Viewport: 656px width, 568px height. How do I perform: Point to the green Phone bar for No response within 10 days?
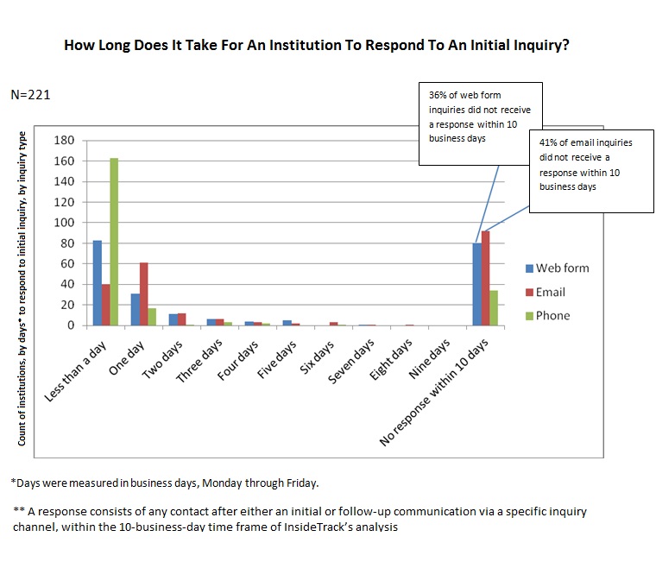point(495,308)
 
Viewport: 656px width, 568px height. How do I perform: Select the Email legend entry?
point(552,292)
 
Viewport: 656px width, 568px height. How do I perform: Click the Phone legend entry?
point(552,315)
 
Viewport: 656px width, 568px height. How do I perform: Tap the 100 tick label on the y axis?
point(66,223)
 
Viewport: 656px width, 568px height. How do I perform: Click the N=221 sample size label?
point(31,95)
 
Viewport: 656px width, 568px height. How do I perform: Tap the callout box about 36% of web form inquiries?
point(480,123)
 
